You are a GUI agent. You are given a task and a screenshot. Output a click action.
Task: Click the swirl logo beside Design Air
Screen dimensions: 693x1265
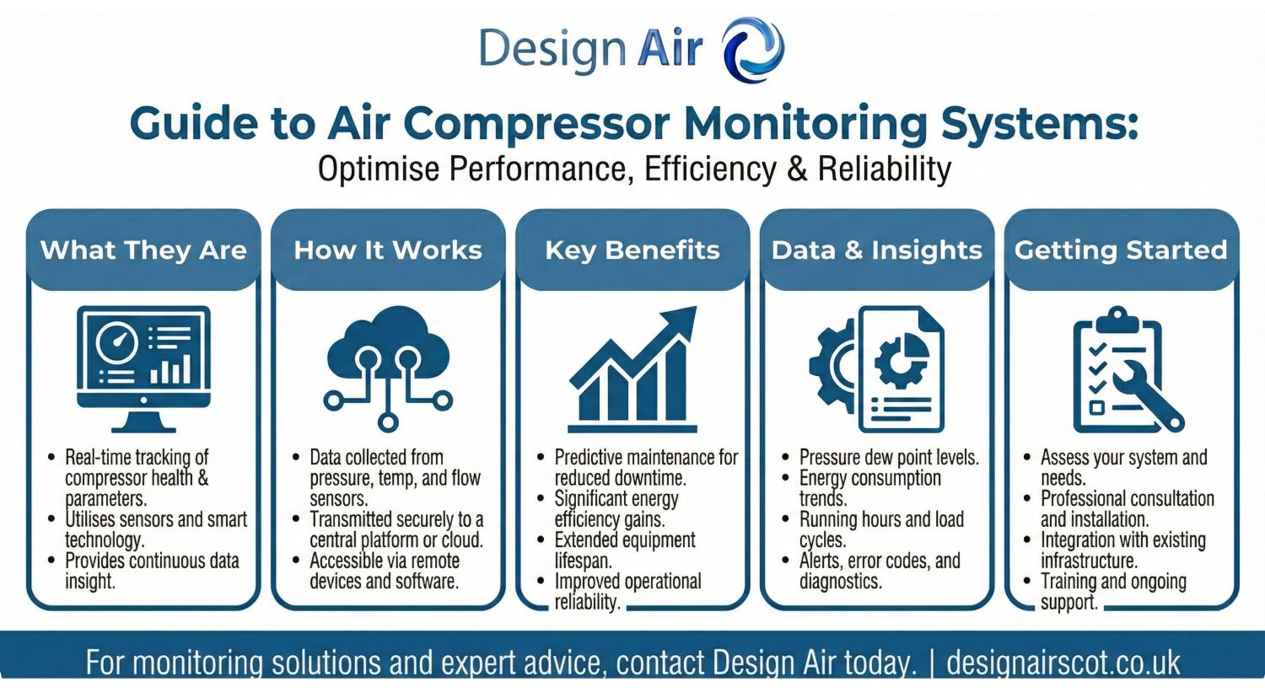(753, 49)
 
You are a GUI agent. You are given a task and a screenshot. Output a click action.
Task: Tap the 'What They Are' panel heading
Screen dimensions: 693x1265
(143, 250)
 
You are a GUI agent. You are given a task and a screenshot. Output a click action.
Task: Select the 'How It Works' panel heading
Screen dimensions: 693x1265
(388, 250)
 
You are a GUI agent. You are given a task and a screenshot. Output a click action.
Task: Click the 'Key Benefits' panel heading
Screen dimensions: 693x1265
(632, 250)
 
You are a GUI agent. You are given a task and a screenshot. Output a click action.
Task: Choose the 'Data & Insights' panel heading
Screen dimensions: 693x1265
(877, 250)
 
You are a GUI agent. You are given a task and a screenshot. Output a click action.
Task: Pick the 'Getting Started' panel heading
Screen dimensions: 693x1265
(1121, 250)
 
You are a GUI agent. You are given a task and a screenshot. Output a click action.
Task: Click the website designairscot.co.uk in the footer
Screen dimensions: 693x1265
(1063, 663)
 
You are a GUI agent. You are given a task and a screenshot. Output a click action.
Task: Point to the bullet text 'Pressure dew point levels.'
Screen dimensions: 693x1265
(889, 458)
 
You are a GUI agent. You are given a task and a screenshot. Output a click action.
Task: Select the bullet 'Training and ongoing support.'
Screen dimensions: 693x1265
(1113, 592)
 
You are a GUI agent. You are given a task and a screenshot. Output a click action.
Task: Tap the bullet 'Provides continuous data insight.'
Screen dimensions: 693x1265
(152, 571)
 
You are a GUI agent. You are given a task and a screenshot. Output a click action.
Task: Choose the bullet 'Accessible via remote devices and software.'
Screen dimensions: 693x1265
(385, 571)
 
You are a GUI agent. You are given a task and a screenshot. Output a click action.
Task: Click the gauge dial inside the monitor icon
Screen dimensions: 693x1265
(117, 342)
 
